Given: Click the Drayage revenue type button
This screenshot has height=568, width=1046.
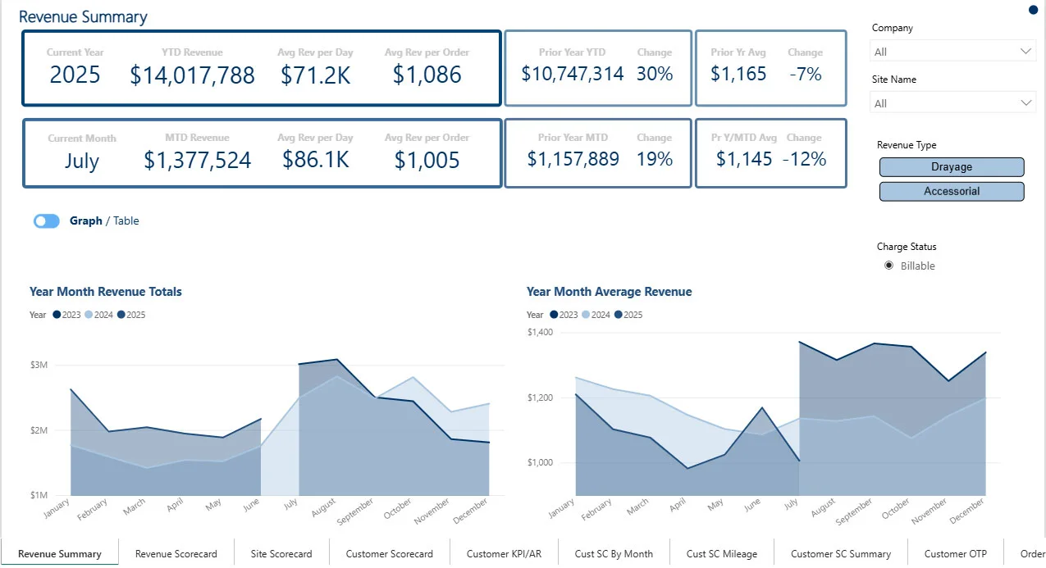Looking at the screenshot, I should (952, 167).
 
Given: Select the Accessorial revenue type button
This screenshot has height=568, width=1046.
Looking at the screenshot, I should (952, 192).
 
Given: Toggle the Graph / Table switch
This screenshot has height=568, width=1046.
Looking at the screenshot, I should (47, 221).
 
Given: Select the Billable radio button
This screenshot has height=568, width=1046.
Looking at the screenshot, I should (888, 266).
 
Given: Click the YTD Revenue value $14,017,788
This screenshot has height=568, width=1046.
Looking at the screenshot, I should (192, 75).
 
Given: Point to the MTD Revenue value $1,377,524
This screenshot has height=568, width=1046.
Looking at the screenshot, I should (197, 161).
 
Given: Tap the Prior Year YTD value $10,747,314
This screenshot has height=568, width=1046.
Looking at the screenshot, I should (573, 74).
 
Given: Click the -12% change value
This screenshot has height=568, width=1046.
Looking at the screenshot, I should (804, 159).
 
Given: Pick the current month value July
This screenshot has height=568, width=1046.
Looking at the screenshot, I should (81, 161).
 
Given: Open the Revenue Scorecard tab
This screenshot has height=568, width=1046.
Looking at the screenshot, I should (176, 554).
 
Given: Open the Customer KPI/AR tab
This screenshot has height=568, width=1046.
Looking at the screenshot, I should (499, 554).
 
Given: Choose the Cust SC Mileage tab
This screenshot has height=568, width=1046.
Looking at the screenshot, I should (722, 554).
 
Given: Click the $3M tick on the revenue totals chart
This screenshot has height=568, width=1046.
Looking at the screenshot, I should (38, 365).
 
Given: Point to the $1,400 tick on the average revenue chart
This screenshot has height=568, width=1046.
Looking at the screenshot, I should (541, 333).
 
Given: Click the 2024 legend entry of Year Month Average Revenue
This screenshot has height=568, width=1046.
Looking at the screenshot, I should (596, 315).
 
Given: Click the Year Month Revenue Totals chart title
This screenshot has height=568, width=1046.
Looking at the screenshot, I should (106, 292).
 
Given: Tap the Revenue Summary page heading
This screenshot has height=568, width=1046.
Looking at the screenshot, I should (83, 17).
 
